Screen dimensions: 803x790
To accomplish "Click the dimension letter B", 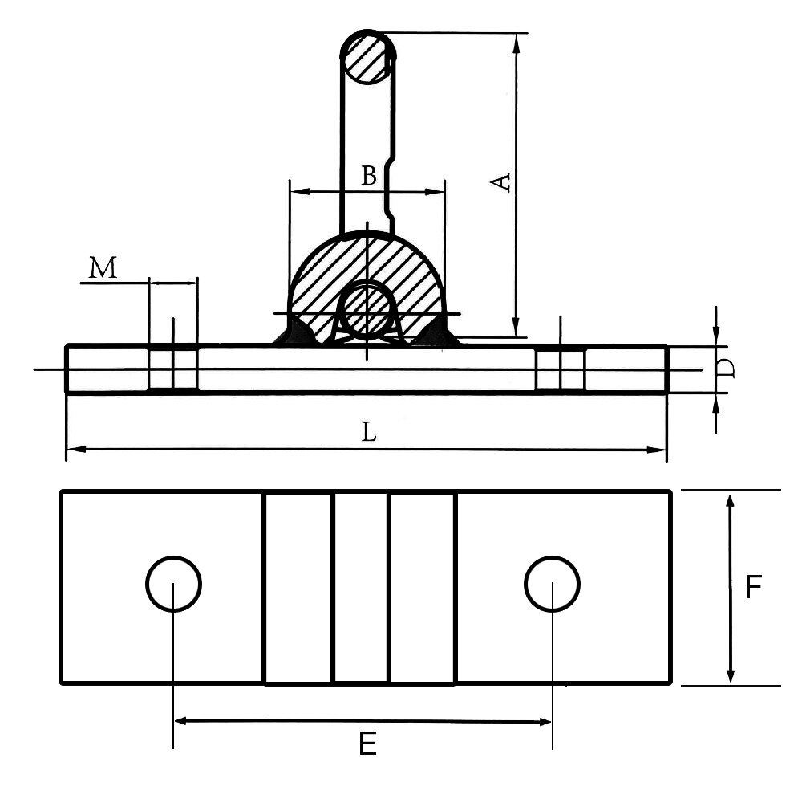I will coord(368,175).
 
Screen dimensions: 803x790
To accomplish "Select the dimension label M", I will coord(103,267).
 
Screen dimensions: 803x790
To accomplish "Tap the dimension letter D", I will coord(726,369).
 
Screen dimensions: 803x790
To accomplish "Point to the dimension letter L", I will coord(368,433).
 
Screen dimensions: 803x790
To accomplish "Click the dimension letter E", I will coord(367,745).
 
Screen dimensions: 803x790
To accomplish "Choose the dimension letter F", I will coord(753,588).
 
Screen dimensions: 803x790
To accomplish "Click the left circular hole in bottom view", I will coord(173,584).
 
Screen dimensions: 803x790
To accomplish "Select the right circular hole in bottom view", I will coord(552,584).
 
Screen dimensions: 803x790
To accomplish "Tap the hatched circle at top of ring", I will coord(368,58).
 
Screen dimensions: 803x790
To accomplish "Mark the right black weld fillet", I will coord(437,332).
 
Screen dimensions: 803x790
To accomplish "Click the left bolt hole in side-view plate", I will coord(172,369).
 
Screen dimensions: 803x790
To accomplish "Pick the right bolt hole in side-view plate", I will coord(560,369).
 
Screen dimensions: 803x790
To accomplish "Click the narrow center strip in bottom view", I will coord(361,588).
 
